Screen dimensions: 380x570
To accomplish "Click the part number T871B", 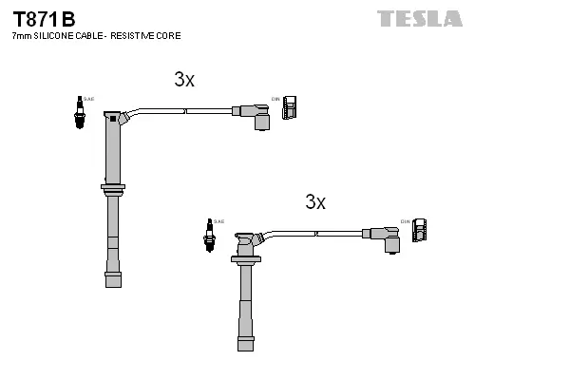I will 43,18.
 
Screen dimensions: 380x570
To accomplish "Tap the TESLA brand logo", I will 419,18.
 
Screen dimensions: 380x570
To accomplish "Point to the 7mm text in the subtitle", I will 21,36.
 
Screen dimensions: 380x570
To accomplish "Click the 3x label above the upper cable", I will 184,80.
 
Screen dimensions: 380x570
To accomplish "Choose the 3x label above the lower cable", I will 315,201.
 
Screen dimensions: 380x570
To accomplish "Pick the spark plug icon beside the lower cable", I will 208,234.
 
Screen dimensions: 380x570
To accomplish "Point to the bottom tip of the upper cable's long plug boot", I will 113,278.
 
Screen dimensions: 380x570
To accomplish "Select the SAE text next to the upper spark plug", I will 88,98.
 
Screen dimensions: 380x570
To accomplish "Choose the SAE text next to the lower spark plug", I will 218,221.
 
